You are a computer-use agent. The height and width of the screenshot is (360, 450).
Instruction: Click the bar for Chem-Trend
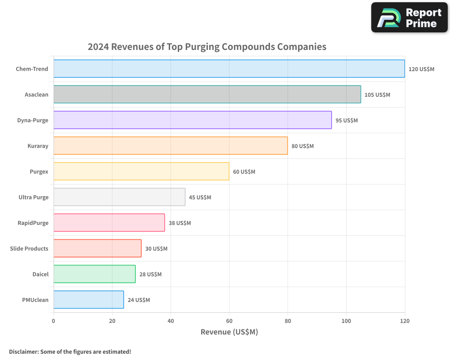point(229,69)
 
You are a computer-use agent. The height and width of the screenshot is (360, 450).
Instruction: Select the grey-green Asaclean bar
point(207,94)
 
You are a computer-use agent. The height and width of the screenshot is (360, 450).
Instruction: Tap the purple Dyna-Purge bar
point(193,120)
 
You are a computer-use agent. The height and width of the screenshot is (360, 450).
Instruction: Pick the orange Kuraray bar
point(171,146)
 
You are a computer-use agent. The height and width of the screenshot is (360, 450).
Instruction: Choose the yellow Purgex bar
point(141,171)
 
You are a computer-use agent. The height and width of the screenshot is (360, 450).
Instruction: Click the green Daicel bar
point(94,274)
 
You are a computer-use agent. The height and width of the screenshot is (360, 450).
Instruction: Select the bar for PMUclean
point(89,300)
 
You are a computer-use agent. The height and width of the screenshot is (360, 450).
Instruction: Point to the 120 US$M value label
point(421,69)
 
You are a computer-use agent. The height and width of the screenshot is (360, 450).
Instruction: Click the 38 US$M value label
point(180,223)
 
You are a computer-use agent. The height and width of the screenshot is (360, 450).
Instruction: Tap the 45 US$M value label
point(200,198)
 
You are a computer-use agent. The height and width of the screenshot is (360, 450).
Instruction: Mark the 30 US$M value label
point(156,249)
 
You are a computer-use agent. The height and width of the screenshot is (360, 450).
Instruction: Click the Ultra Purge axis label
point(33,198)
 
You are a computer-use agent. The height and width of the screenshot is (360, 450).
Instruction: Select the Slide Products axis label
point(29,249)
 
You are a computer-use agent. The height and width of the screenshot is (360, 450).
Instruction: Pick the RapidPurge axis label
point(33,223)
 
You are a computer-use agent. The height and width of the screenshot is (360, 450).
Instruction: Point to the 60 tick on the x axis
point(229,321)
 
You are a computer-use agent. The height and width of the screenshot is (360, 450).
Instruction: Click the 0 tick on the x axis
point(54,321)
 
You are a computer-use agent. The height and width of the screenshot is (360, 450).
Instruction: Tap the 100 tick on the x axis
point(346,321)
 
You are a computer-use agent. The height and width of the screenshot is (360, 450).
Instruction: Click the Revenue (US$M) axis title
point(229,332)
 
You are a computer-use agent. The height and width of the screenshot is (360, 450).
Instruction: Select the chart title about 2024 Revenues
point(207,47)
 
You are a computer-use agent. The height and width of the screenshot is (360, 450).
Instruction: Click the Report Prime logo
point(409,18)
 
